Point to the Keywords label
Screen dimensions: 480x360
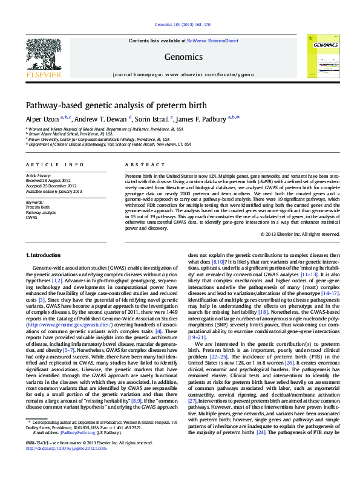point(34,202)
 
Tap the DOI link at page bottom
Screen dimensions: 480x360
point(64,465)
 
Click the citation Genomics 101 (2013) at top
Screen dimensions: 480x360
point(180,25)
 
